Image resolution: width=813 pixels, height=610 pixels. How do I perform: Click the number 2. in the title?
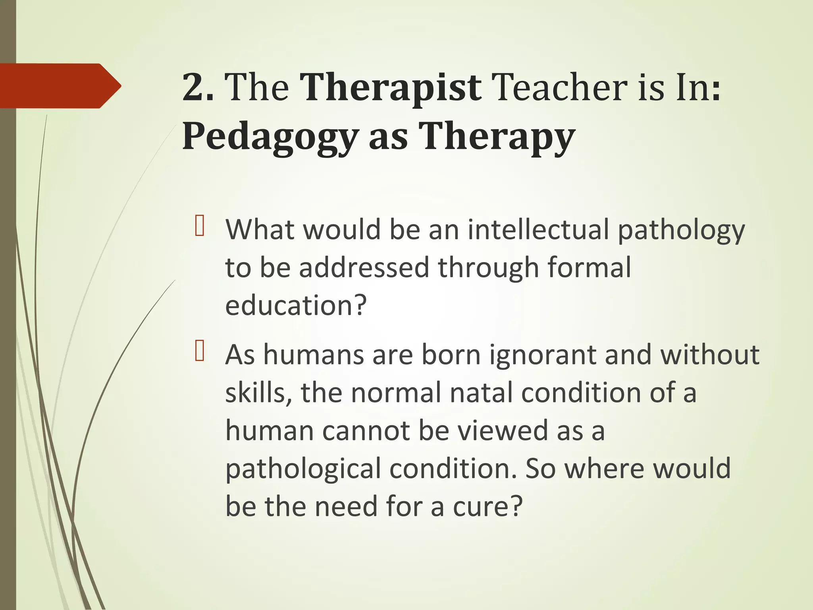[x=197, y=88]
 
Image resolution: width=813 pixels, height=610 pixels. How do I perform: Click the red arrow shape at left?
[x=60, y=86]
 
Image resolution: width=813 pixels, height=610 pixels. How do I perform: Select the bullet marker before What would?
[x=199, y=226]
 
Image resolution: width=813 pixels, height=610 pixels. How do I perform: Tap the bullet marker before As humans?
[x=199, y=351]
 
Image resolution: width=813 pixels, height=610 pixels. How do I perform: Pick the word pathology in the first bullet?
[x=681, y=231]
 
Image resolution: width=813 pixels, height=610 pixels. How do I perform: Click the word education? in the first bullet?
[x=296, y=305]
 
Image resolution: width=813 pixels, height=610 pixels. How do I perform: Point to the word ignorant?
[x=542, y=355]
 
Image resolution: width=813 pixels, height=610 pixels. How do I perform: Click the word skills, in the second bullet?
[x=258, y=393]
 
